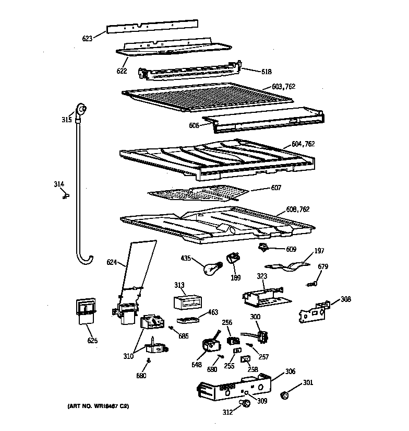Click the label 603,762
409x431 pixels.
pyautogui.click(x=283, y=86)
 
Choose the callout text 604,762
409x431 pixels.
pyautogui.click(x=303, y=144)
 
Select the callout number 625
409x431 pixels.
pyautogui.click(x=92, y=341)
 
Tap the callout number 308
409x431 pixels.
pyautogui.click(x=346, y=299)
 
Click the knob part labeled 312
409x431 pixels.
pyautogui.click(x=243, y=403)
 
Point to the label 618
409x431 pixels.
pyautogui.click(x=266, y=71)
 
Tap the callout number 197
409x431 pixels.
pyautogui.click(x=318, y=251)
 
